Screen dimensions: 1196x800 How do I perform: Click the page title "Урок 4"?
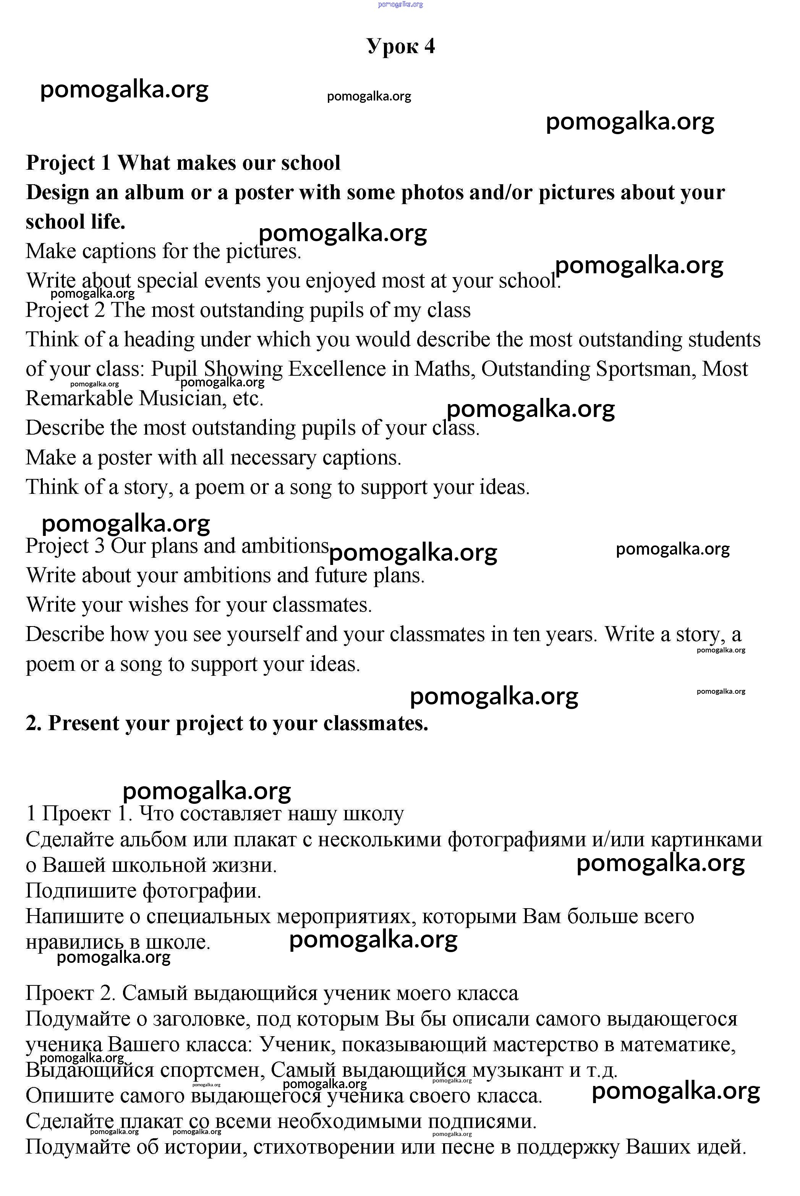point(400,47)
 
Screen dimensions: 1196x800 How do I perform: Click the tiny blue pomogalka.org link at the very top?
point(400,5)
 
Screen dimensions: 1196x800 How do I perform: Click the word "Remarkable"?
point(79,398)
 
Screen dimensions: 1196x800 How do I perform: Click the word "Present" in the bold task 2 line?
point(83,723)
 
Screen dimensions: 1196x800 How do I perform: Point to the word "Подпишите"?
point(81,891)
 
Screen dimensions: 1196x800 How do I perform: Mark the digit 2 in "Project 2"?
point(99,310)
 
